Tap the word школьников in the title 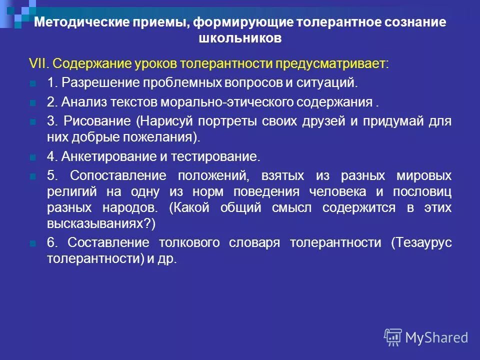(x=239, y=38)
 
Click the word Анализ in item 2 (x=81, y=102)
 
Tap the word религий (x=69, y=192)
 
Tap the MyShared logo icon (x=393, y=336)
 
